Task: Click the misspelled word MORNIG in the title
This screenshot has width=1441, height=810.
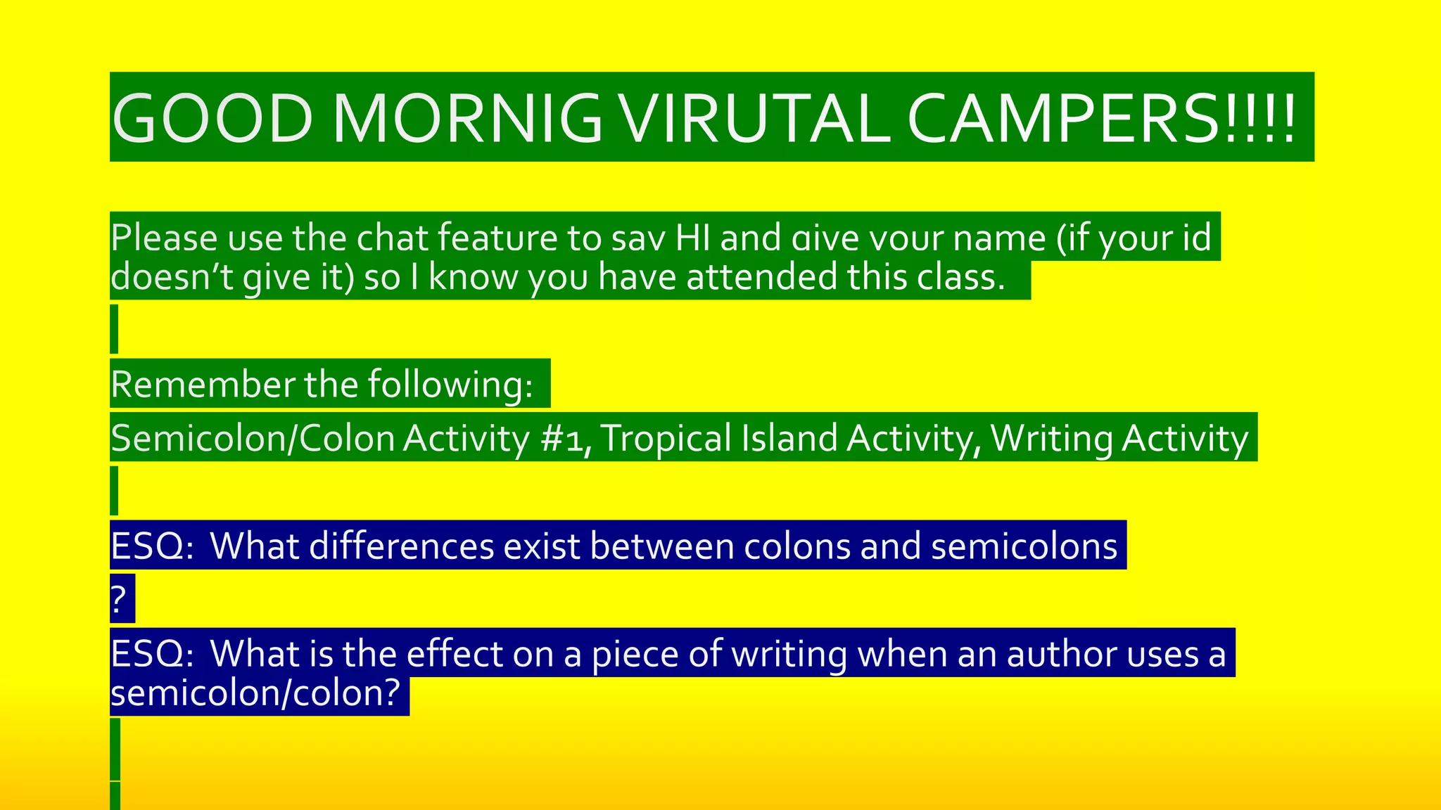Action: coord(467,118)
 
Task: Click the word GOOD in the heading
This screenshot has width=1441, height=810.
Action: coord(212,118)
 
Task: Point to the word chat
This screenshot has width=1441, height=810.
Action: coord(393,238)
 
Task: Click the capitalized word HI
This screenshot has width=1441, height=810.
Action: coord(692,238)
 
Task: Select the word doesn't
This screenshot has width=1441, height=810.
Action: coord(172,277)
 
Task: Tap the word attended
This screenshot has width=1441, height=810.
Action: coord(762,277)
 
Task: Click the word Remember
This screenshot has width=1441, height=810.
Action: coord(203,385)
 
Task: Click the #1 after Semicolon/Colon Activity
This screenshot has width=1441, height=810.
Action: coord(565,438)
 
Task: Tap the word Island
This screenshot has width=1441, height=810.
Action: coord(789,438)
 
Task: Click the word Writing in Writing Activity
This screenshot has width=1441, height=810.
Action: coord(1050,438)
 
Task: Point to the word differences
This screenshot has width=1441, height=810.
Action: coord(401,546)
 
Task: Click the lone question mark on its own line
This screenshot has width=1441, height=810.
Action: coord(119,600)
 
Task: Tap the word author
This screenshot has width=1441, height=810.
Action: coord(1062,654)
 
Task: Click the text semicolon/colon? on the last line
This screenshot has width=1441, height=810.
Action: coord(256,693)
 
